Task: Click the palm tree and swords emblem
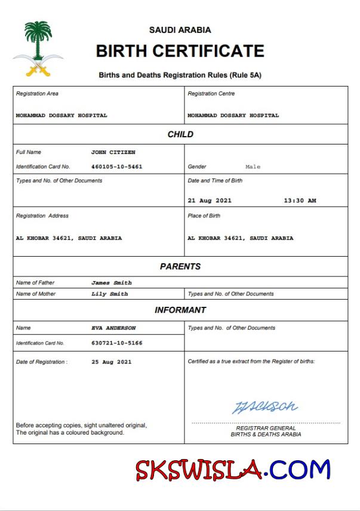(x=38, y=49)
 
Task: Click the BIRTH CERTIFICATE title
(x=180, y=51)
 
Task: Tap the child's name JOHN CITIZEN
(x=113, y=152)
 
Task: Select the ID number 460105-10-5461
(x=117, y=167)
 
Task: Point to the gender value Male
(x=253, y=167)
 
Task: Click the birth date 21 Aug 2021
(x=210, y=201)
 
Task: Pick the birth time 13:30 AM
(x=300, y=201)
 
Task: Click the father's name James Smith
(x=112, y=282)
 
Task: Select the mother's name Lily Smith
(x=110, y=294)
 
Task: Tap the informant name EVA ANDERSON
(x=113, y=328)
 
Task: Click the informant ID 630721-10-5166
(x=117, y=343)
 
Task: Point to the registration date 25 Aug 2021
(x=112, y=362)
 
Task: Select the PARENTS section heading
(x=180, y=267)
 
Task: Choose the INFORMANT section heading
(x=180, y=310)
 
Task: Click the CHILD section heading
(x=180, y=134)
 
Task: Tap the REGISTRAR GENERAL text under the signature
(x=266, y=428)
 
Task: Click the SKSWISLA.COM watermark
(x=233, y=470)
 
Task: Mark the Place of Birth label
(x=204, y=216)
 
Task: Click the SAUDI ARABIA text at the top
(x=180, y=30)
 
